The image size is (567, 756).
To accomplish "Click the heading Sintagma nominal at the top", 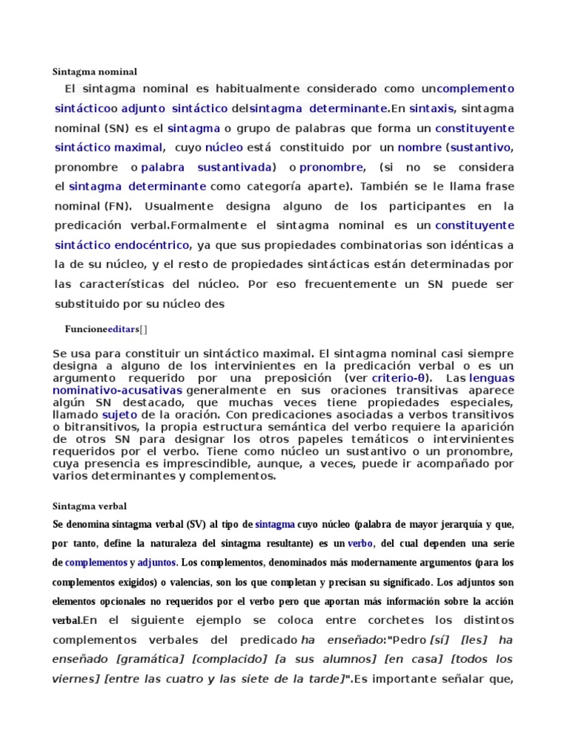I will tap(95, 72).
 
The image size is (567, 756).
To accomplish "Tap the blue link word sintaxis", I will tap(432, 108).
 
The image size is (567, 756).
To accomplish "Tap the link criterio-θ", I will tap(402, 378).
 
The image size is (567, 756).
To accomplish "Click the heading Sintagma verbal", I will tap(90, 506).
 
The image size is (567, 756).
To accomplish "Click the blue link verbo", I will tap(360, 543).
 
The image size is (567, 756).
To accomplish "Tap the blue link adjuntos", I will tap(157, 563).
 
